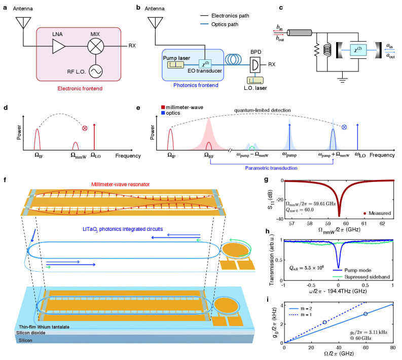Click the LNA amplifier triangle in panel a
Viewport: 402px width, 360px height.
pos(58,46)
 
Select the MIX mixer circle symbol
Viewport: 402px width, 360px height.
pos(95,46)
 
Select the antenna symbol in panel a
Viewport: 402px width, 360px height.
pos(21,23)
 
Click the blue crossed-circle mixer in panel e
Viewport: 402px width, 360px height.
pos(344,127)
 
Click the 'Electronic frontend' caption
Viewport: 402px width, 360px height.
pos(81,88)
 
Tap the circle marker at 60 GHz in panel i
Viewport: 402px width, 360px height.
pos(365,314)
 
